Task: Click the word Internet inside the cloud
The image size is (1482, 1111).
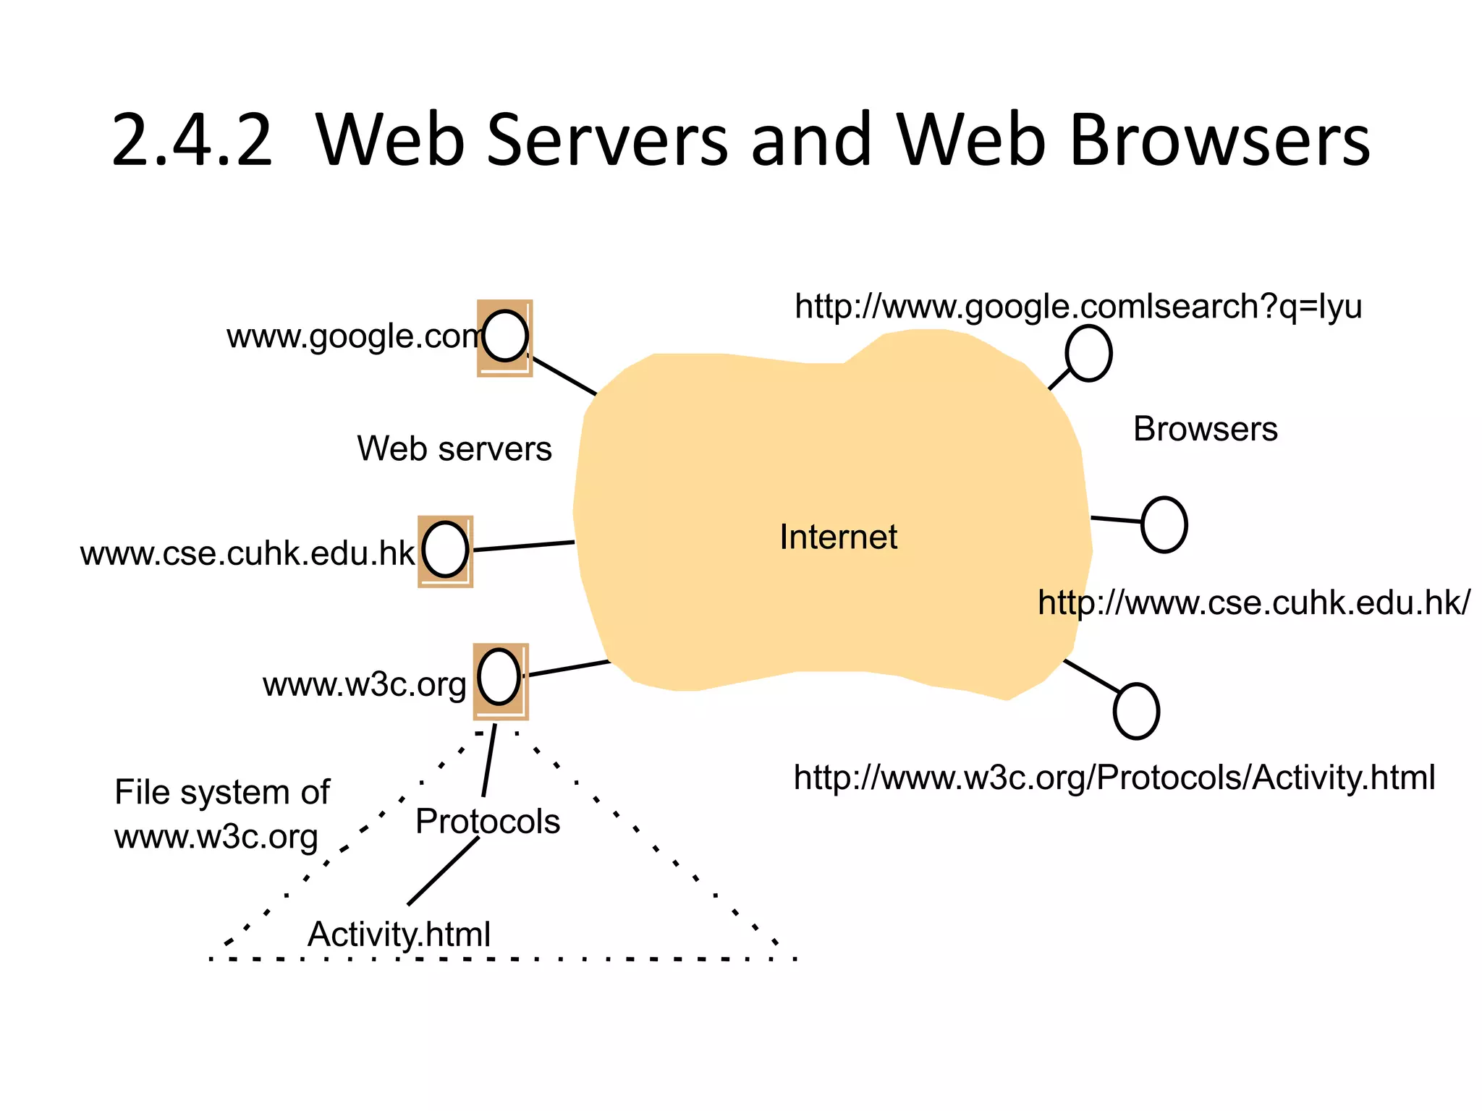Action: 838,537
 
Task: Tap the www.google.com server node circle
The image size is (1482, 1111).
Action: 505,336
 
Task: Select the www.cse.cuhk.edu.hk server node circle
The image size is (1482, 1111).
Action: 445,550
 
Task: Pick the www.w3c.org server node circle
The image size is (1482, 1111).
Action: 499,677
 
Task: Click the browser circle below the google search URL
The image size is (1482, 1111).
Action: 1088,353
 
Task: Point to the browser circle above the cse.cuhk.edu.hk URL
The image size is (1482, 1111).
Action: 1164,524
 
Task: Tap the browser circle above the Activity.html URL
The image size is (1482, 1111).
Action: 1136,711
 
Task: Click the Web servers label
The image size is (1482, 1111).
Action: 454,448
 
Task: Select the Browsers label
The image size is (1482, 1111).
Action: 1205,429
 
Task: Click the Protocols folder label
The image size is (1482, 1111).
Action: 488,822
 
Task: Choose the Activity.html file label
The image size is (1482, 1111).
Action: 399,934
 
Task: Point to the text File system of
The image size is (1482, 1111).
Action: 221,792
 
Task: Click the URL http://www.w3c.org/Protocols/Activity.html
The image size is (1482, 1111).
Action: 1114,778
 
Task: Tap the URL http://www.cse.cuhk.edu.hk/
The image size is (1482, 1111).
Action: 1253,603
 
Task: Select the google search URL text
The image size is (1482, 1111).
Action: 1077,306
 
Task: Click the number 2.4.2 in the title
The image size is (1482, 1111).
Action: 192,140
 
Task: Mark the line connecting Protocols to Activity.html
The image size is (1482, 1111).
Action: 443,871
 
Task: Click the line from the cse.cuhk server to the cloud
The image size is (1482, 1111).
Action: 523,546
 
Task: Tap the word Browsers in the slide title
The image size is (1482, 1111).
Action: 1219,140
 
